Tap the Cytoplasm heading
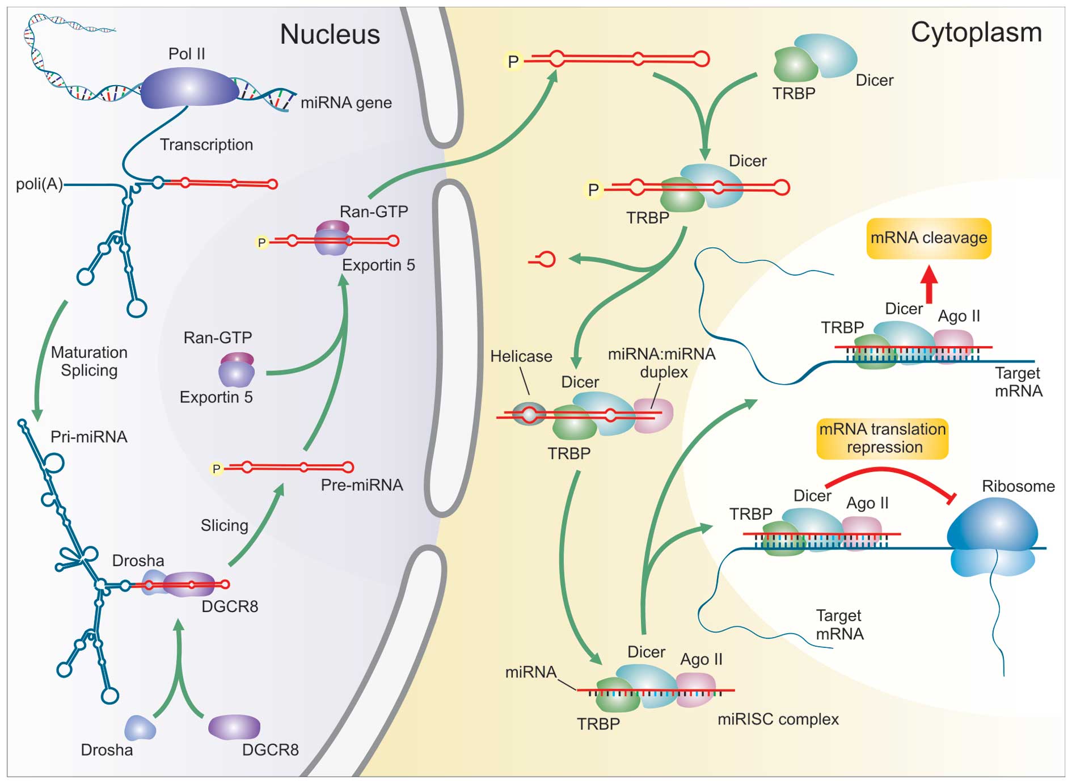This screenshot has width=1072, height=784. pyautogui.click(x=976, y=32)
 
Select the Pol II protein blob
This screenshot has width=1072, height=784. pyautogui.click(x=188, y=88)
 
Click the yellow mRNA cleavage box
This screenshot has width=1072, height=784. pyautogui.click(x=928, y=238)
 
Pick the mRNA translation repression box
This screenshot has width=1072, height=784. pyautogui.click(x=883, y=438)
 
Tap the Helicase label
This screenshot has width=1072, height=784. pyautogui.click(x=521, y=356)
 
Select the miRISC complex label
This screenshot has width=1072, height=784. pyautogui.click(x=778, y=719)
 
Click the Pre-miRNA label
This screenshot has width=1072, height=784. pyautogui.click(x=362, y=485)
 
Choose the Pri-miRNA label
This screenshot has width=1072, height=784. pyautogui.click(x=89, y=437)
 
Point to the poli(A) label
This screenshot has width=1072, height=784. pyautogui.click(x=39, y=184)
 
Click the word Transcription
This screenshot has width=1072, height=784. pyautogui.click(x=206, y=145)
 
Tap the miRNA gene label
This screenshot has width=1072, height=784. pyautogui.click(x=346, y=103)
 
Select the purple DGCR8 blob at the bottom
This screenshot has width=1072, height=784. pyautogui.click(x=234, y=727)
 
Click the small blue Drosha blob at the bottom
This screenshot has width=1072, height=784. pyautogui.click(x=140, y=728)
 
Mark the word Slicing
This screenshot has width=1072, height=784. pyautogui.click(x=224, y=525)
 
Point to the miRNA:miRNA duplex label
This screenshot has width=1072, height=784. pyautogui.click(x=662, y=363)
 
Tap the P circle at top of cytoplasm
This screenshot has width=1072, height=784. pyautogui.click(x=513, y=61)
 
